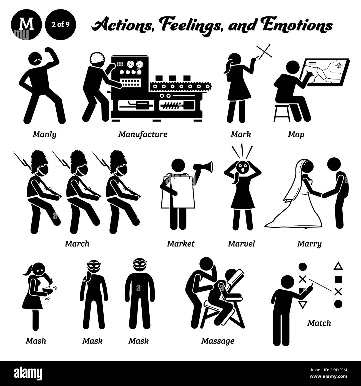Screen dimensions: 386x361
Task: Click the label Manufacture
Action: (x=143, y=134)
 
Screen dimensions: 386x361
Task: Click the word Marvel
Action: (x=241, y=244)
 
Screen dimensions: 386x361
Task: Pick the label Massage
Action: (x=218, y=341)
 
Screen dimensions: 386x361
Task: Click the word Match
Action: (x=319, y=323)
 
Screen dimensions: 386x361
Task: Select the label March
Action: (x=77, y=244)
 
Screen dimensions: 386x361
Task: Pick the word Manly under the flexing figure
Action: (x=44, y=134)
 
